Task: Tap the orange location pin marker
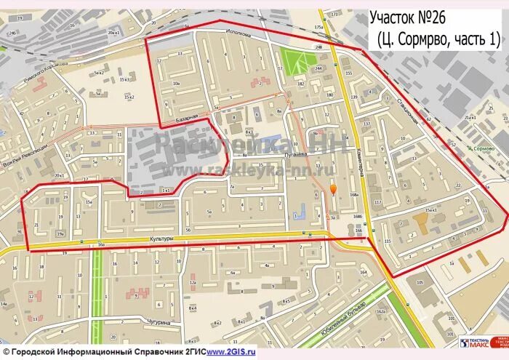tap(334, 190)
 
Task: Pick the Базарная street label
tap(187, 117)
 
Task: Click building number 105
tap(419, 282)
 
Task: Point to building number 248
tap(318, 47)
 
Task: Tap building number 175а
tap(318, 27)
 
